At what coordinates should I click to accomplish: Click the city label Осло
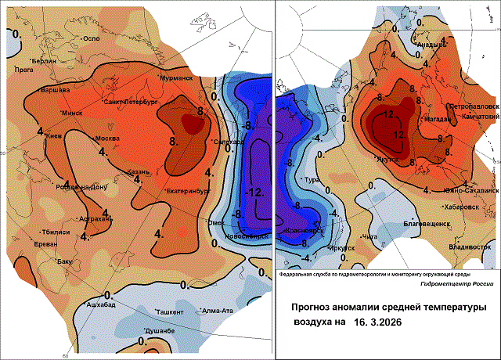tap(93, 39)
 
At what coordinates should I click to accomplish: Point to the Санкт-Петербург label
tap(133, 103)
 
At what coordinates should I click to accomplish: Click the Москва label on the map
tap(106, 139)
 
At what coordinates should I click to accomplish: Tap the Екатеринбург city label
tap(189, 190)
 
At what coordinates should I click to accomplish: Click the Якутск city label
tap(388, 159)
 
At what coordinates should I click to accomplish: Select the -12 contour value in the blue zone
tap(254, 193)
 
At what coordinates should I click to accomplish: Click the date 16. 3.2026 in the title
tap(385, 322)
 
